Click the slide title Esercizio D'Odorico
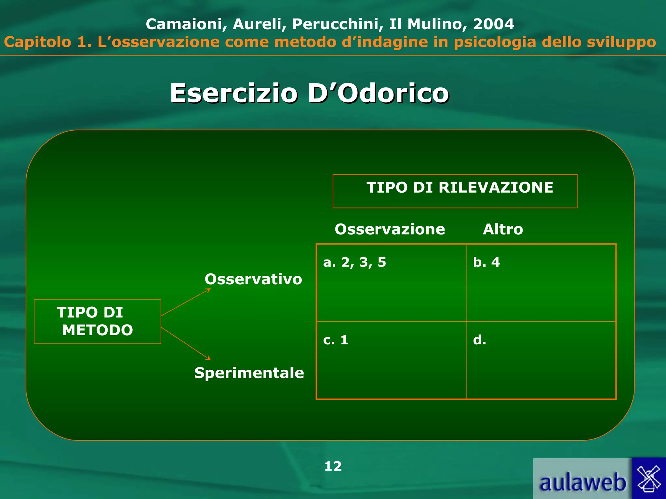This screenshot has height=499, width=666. pyautogui.click(x=309, y=93)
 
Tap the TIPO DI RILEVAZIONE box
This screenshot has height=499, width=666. pyautogui.click(x=455, y=191)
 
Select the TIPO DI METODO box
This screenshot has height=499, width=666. pyautogui.click(x=97, y=321)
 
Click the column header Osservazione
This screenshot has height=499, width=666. pyautogui.click(x=390, y=229)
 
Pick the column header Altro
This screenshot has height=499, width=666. pyautogui.click(x=503, y=229)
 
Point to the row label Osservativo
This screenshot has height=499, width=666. pyautogui.click(x=253, y=279)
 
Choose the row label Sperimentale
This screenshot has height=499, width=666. pyautogui.click(x=249, y=373)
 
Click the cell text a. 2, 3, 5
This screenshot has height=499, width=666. pyautogui.click(x=354, y=262)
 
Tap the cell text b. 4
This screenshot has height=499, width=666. pyautogui.click(x=486, y=262)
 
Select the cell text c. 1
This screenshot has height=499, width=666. pyautogui.click(x=336, y=340)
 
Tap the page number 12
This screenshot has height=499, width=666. pyautogui.click(x=333, y=467)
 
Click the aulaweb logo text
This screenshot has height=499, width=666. pyautogui.click(x=582, y=482)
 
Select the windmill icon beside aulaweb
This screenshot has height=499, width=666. pyautogui.click(x=649, y=479)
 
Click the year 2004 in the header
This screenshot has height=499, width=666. pyautogui.click(x=493, y=24)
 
